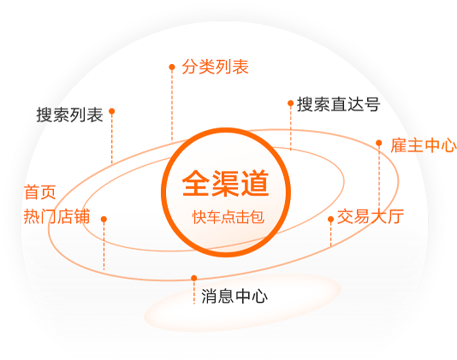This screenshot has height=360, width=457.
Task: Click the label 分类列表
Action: click(215, 67)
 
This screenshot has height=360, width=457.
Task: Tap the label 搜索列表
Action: click(69, 115)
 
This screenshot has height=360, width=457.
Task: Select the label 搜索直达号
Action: click(338, 104)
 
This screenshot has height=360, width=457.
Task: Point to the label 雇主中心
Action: click(424, 145)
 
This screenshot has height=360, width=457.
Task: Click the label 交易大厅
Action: click(371, 216)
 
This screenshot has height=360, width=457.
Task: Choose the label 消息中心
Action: click(234, 296)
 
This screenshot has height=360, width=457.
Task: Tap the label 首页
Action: click(40, 192)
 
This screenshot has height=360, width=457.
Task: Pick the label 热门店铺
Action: click(56, 216)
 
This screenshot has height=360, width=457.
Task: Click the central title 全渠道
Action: click(225, 184)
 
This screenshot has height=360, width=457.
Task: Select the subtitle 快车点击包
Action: click(228, 217)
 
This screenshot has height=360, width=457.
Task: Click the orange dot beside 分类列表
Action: click(172, 68)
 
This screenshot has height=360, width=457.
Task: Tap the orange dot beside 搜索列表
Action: click(111, 111)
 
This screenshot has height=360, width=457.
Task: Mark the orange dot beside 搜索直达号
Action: click(290, 103)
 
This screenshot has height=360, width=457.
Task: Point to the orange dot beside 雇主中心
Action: click(379, 143)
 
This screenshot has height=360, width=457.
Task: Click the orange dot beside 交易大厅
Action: click(330, 219)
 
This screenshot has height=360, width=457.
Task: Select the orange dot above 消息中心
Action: click(193, 278)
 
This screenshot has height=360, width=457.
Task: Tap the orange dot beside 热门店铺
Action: click(104, 219)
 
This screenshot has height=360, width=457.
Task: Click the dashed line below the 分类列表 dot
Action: click(172, 105)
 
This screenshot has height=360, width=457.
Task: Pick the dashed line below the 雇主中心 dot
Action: click(379, 177)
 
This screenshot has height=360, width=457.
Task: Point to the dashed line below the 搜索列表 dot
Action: click(111, 139)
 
